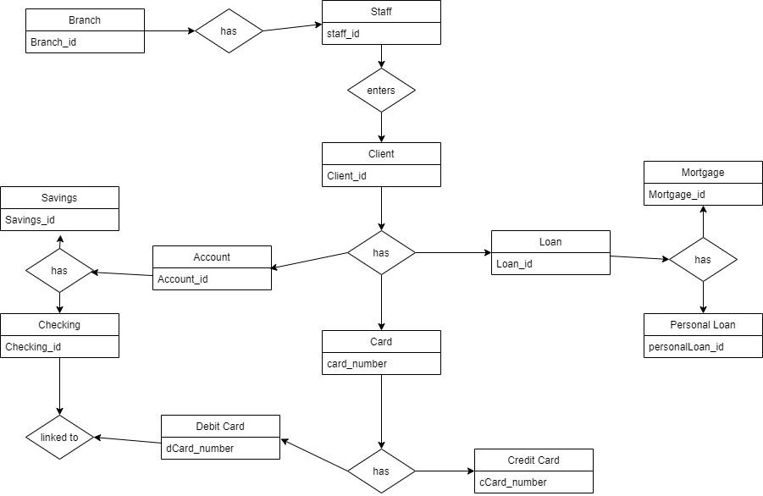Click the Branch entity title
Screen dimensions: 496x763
click(x=85, y=19)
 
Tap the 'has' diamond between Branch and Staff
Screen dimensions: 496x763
click(x=229, y=31)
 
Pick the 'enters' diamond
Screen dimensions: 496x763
click(x=381, y=90)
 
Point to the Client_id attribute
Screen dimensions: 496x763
click(x=346, y=176)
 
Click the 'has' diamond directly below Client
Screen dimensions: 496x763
click(x=381, y=252)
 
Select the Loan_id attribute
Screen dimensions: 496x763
click(x=513, y=263)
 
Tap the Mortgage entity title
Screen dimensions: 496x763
click(x=703, y=173)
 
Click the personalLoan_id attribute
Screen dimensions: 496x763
click(x=687, y=347)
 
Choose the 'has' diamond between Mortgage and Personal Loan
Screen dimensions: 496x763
click(x=703, y=260)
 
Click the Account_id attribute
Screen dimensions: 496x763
click(x=183, y=279)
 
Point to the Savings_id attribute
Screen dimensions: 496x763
click(x=30, y=220)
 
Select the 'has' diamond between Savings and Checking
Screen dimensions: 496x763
click(x=59, y=270)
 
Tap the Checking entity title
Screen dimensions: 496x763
click(x=59, y=324)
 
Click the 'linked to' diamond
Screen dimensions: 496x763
click(x=59, y=437)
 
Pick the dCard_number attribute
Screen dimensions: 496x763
click(x=200, y=448)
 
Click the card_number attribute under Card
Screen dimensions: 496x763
click(x=357, y=363)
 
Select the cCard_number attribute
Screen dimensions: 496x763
click(x=512, y=482)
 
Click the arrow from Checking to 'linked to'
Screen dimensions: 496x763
click(x=59, y=385)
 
